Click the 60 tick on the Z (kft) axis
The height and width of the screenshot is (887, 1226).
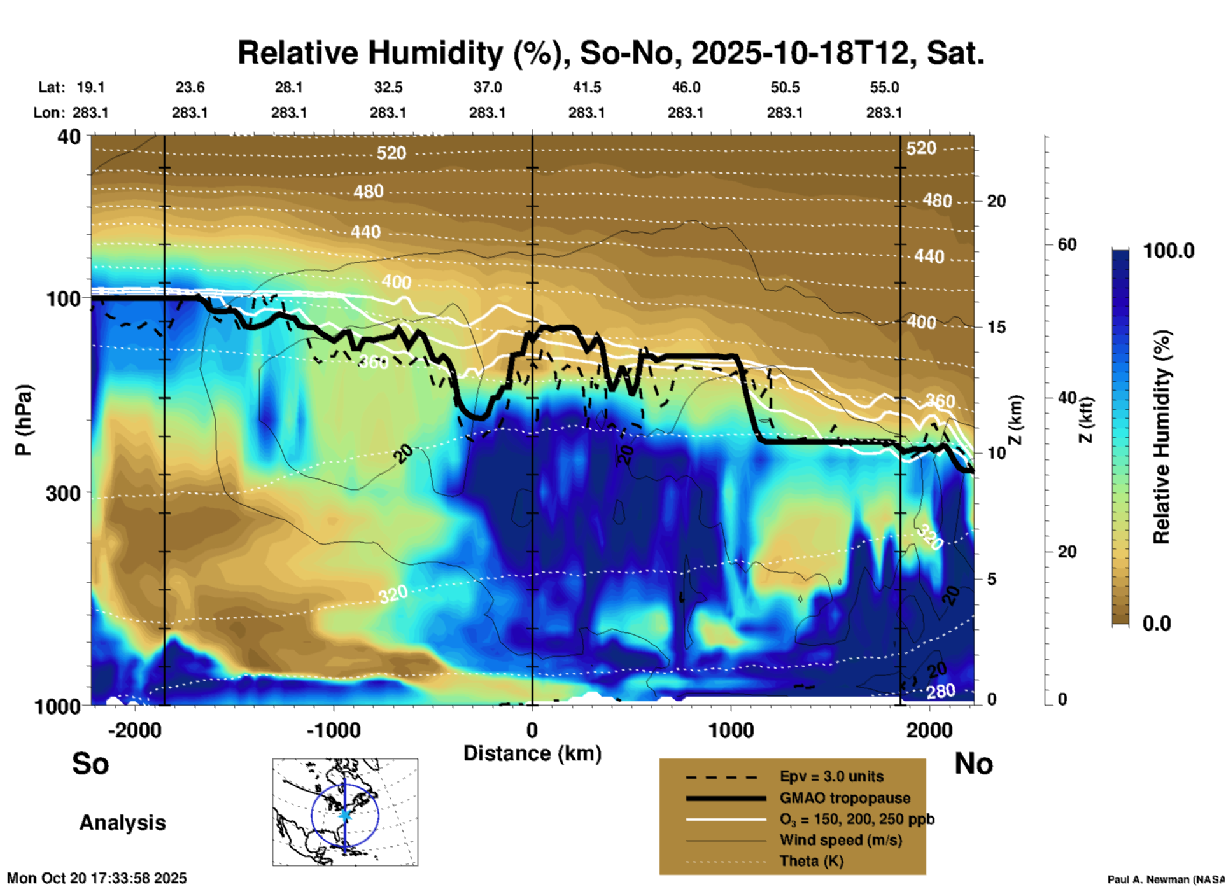[1067, 244]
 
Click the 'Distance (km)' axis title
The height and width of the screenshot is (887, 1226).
[532, 753]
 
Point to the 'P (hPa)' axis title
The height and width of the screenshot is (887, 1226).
[24, 420]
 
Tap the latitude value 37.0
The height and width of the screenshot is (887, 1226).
[487, 87]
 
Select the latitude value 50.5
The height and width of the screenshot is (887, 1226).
[784, 87]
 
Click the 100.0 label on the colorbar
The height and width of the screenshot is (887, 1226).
[1169, 251]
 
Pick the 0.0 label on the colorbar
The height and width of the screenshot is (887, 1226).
[1157, 623]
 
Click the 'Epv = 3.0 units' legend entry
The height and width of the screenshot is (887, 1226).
[831, 776]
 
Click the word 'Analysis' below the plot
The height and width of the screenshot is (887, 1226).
[122, 822]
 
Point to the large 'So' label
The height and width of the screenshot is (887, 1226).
[90, 763]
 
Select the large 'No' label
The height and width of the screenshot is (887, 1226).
[973, 763]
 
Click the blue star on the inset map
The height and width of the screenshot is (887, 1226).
[345, 814]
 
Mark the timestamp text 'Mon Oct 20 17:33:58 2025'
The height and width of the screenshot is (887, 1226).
[97, 878]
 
